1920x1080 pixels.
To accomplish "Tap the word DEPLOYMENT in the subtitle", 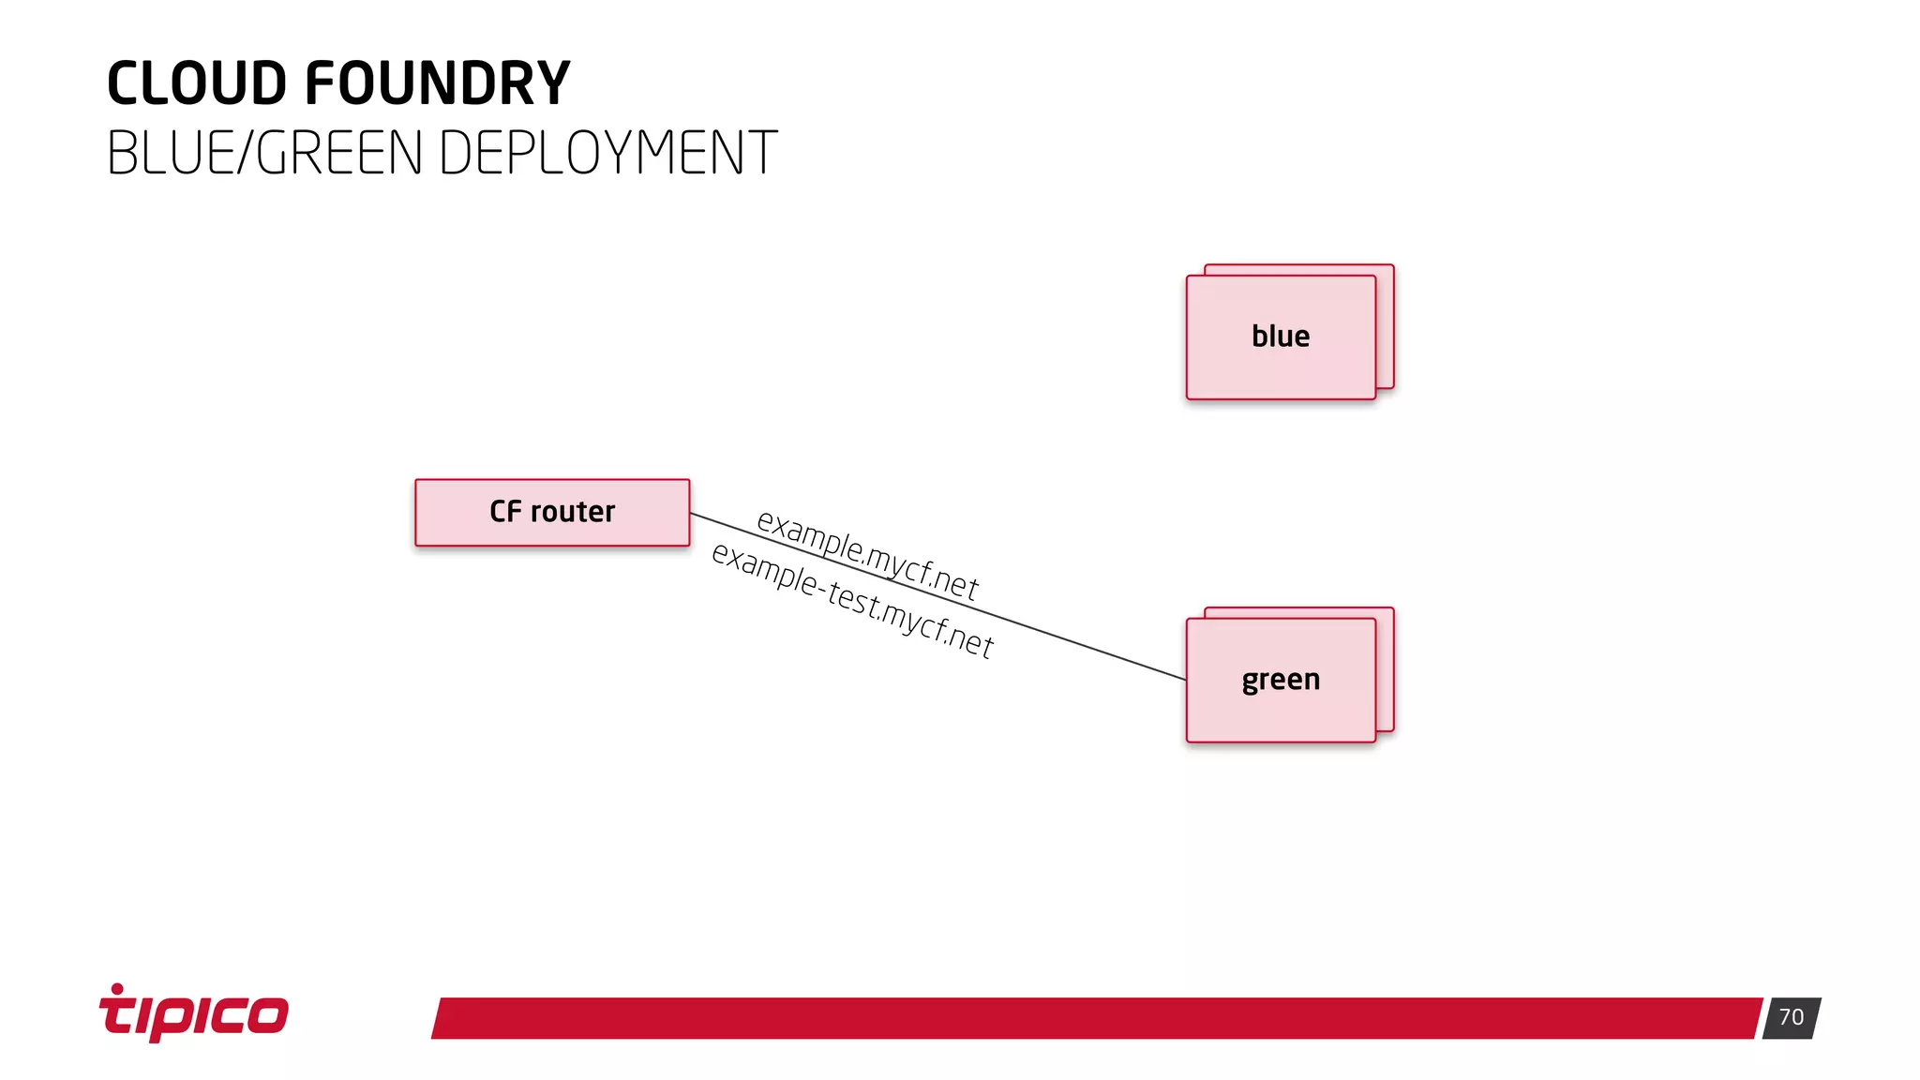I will pyautogui.click(x=607, y=153).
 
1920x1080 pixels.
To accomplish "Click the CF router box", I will pyautogui.click(x=552, y=513).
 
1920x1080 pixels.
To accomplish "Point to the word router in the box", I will pyautogui.click(x=573, y=512).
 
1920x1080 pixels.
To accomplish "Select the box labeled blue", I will pyautogui.click(x=1281, y=337).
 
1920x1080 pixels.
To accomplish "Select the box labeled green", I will pyautogui.click(x=1281, y=681).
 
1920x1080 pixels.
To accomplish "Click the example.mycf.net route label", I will pyautogui.click(x=867, y=555).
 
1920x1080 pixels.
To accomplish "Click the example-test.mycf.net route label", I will pyautogui.click(x=851, y=601).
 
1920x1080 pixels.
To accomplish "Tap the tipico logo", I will pyautogui.click(x=194, y=1013).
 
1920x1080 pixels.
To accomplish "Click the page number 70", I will pyautogui.click(x=1791, y=1018).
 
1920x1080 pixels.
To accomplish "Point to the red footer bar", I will pyautogui.click(x=1097, y=1018).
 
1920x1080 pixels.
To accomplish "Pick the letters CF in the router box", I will pyautogui.click(x=505, y=512).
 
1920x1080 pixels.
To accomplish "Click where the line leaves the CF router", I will pyautogui.click(x=692, y=514).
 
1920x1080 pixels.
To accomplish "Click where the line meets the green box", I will pyautogui.click(x=1184, y=679).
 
